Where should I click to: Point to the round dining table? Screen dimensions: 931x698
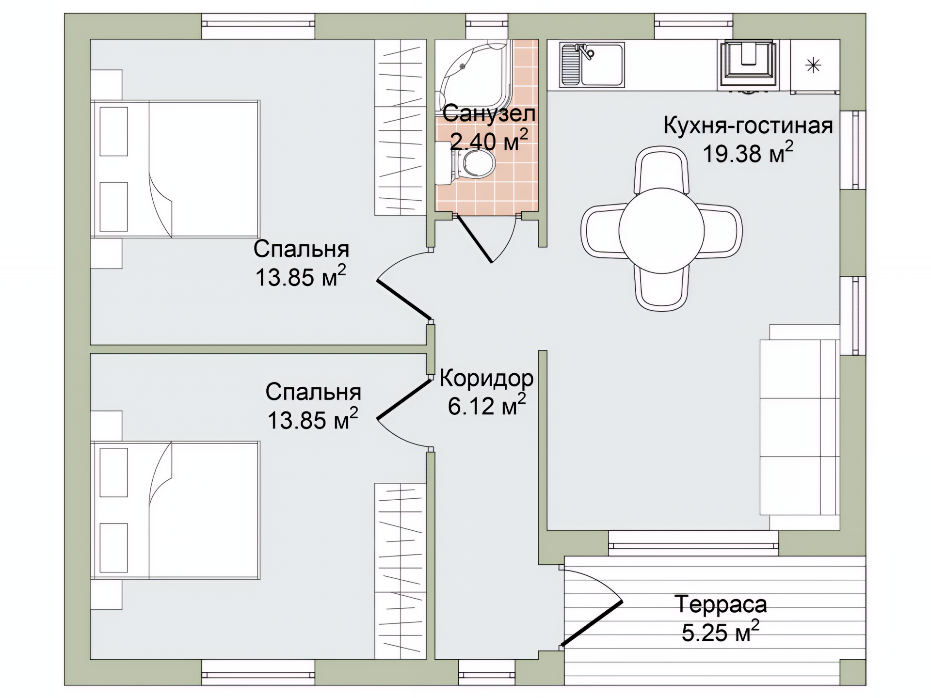pos(661,231)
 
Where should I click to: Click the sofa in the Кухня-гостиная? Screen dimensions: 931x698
pos(800,427)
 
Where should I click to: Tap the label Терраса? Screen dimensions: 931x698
pos(721,604)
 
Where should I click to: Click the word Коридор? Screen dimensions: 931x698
pos(486,379)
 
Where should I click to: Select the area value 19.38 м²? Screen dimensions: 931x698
pos(748,153)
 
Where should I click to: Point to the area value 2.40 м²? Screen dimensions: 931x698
pos(489,140)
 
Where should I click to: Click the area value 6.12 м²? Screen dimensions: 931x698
pos(486,405)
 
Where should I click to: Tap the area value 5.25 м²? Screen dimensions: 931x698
pos(721,632)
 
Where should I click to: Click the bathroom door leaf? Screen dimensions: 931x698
pos(475,238)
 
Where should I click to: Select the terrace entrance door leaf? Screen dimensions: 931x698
pos(591,624)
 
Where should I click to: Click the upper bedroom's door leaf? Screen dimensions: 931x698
pos(404,300)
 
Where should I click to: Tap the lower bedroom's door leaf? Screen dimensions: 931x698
pos(404,399)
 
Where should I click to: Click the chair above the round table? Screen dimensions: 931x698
pos(661,170)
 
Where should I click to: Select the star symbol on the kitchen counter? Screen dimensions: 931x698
pos(813,65)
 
